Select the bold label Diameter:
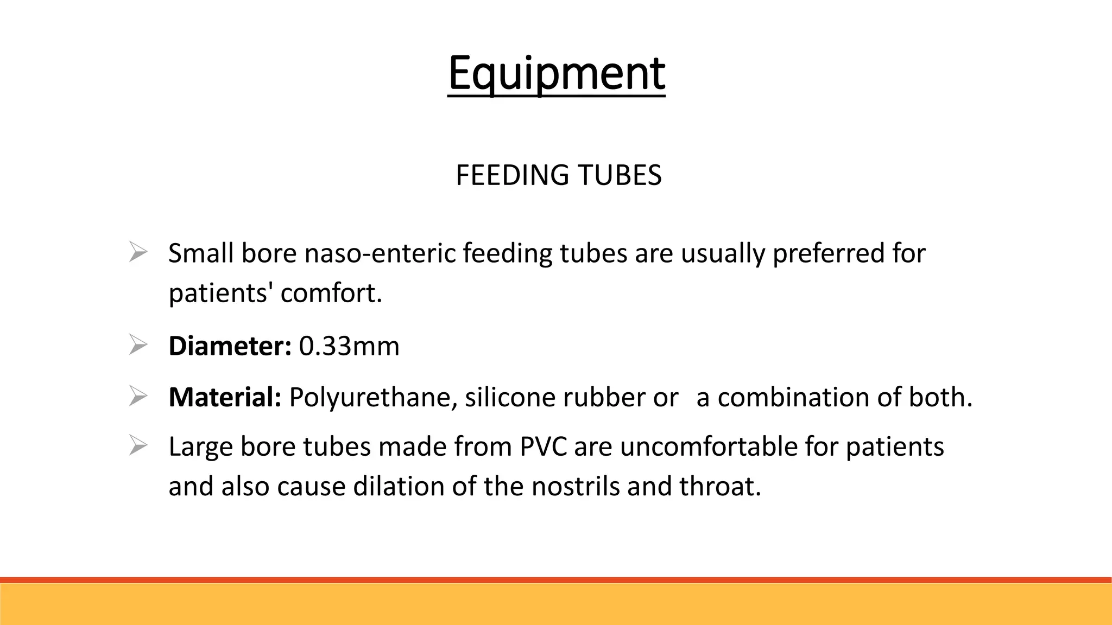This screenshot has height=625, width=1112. pyautogui.click(x=230, y=346)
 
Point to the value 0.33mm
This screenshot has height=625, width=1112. pyautogui.click(x=349, y=346)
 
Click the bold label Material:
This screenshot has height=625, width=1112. pyautogui.click(x=225, y=397)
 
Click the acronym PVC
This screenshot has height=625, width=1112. pyautogui.click(x=543, y=447)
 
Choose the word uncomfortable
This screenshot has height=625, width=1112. pyautogui.click(x=709, y=447)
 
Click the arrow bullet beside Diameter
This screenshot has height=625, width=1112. pyautogui.click(x=138, y=345)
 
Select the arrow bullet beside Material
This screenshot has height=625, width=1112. pyautogui.click(x=138, y=397)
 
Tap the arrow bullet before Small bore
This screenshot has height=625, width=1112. pyautogui.click(x=138, y=253)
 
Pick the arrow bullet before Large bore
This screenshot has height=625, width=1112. pyautogui.click(x=138, y=446)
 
